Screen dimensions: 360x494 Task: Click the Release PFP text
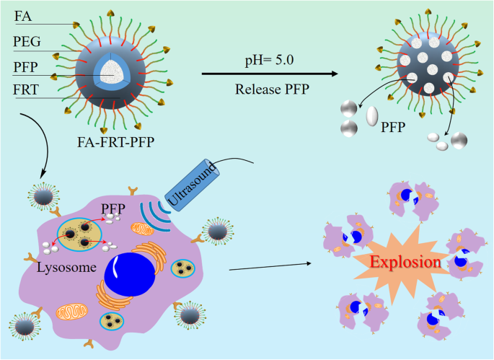pos(268,90)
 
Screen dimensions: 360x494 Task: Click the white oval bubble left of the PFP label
pos(372,115)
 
